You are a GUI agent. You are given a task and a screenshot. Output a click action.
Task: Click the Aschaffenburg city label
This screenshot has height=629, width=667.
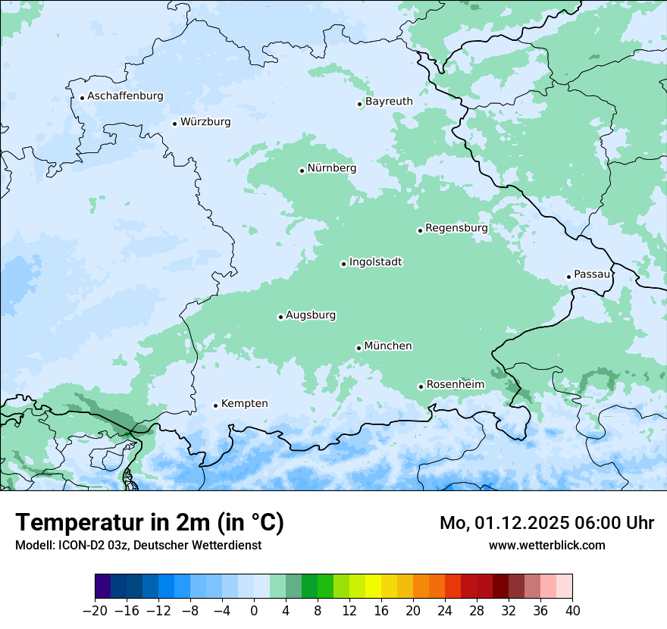coord(125,96)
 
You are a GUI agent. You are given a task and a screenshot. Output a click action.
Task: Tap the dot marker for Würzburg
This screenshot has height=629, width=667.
coord(174,124)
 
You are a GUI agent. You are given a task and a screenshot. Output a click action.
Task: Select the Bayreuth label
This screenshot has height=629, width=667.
coord(389,102)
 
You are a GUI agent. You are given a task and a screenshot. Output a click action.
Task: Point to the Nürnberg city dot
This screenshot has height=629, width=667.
coord(302,171)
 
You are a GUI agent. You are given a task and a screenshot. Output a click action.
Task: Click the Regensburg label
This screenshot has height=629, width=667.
coord(456,228)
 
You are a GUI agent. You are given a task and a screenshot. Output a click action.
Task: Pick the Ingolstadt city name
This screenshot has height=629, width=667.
coord(375,262)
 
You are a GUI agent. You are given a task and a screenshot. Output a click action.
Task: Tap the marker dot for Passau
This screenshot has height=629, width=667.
coord(568,277)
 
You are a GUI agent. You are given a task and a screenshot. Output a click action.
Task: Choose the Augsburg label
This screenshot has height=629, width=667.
coord(311,315)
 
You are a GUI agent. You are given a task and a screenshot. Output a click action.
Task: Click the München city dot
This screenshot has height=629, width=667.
coord(359,348)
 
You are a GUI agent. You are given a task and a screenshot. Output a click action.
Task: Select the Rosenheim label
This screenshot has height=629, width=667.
coord(455,385)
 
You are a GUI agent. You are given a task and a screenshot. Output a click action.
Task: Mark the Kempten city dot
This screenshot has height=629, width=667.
coord(215,405)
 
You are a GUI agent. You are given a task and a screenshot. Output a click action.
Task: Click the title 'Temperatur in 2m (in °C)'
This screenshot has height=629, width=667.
coord(150,522)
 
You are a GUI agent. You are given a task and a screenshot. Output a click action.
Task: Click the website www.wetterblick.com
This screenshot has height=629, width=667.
coord(546,545)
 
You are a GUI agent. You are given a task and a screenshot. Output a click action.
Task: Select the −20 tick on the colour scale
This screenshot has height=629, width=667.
coord(96,611)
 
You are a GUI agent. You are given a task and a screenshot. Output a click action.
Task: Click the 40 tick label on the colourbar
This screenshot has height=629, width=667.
coord(572,611)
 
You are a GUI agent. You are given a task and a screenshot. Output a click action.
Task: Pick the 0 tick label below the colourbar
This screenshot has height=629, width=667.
coord(254,611)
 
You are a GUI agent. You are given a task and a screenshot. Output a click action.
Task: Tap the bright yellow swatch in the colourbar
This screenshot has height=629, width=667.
coord(373,587)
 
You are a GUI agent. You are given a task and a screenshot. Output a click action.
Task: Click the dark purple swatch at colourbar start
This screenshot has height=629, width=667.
coord(103,587)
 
